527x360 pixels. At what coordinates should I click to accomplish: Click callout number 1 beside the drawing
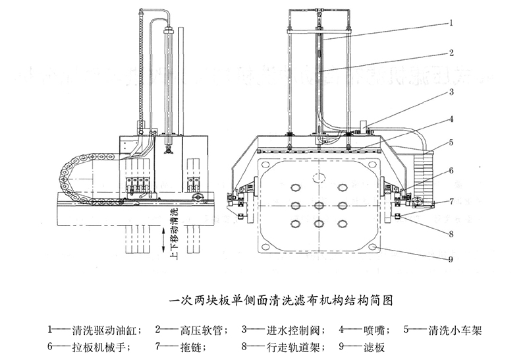[x=452, y=22]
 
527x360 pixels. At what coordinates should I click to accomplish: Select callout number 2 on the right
[x=452, y=52]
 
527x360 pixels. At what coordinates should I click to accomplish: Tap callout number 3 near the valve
[x=452, y=92]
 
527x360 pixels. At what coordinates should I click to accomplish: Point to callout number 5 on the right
[x=452, y=142]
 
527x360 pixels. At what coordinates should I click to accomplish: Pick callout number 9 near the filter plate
[x=452, y=259]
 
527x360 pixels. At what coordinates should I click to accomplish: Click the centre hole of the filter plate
[x=319, y=206]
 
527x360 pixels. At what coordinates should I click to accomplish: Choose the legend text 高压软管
[x=200, y=328]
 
